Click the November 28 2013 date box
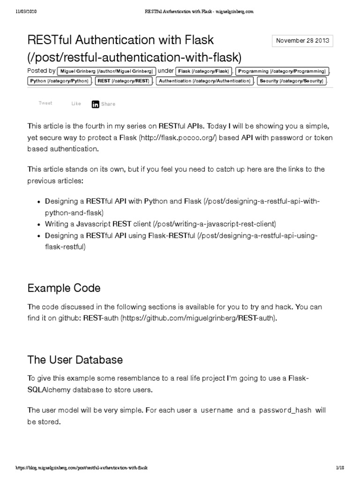click(303, 41)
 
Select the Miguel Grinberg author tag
click(106, 71)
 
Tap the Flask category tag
click(204, 71)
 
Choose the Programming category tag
click(281, 71)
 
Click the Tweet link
click(45, 104)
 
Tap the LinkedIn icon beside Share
click(96, 104)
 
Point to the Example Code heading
click(64, 288)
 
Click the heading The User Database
click(75, 360)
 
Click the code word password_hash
click(285, 410)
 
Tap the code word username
click(217, 410)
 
